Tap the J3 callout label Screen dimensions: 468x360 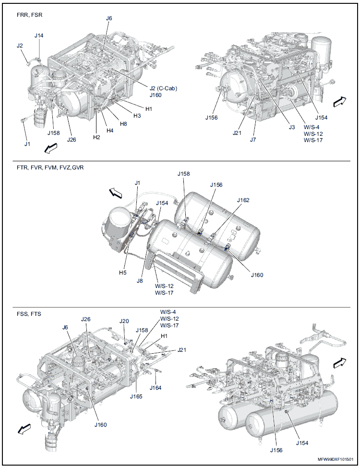click(292, 127)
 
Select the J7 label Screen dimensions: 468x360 click(253, 140)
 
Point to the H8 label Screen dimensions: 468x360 click(123, 124)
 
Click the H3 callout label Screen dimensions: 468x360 click(137, 116)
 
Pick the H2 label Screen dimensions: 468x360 click(96, 137)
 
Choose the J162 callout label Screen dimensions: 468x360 click(243, 200)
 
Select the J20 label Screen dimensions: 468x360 click(124, 321)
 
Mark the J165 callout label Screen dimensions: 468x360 click(136, 396)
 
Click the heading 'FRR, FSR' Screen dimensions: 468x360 click(29, 15)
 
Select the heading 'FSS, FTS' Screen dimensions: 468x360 click(29, 314)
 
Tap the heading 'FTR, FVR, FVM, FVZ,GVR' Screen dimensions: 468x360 click(50, 168)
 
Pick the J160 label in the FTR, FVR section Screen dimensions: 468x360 click(257, 275)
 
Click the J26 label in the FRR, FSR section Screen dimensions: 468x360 click(71, 140)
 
